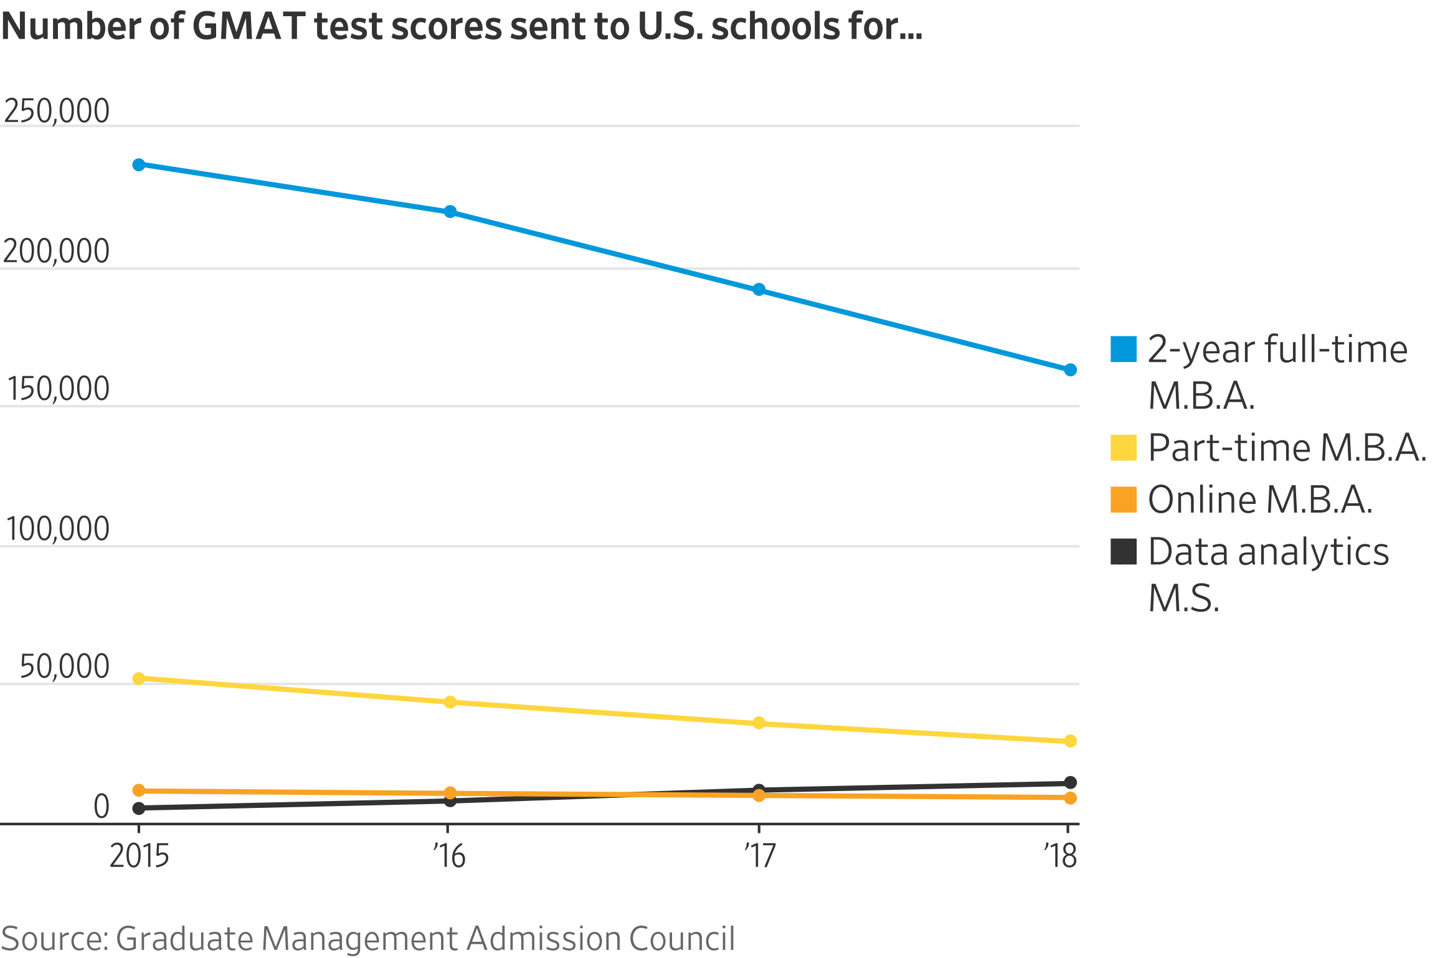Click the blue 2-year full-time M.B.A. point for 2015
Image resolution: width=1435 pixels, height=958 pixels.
point(139,165)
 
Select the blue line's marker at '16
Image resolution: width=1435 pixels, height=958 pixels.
point(450,212)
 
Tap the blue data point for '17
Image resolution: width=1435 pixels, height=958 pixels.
point(759,290)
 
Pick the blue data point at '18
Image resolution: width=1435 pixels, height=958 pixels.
point(1070,370)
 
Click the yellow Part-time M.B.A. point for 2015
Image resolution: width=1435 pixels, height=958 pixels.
point(139,678)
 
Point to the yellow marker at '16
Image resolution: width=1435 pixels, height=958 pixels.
point(450,702)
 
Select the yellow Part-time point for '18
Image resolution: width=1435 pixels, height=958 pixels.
point(1070,741)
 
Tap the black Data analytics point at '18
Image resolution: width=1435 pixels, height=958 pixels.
point(1070,783)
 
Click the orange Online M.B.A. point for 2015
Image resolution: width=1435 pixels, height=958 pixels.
point(139,790)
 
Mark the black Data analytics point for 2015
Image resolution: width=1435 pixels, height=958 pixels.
point(139,809)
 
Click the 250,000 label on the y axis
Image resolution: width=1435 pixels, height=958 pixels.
point(57,111)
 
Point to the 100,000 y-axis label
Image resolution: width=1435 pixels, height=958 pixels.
point(57,529)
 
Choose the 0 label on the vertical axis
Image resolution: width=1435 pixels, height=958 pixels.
point(102,807)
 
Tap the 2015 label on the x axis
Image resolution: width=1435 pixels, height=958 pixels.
point(139,856)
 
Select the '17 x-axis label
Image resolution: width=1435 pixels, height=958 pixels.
point(760,856)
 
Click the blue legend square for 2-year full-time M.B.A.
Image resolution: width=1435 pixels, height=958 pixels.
point(1123,349)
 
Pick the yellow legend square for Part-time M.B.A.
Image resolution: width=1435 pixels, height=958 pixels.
point(1123,448)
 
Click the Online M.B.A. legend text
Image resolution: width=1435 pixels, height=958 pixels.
point(1260,500)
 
